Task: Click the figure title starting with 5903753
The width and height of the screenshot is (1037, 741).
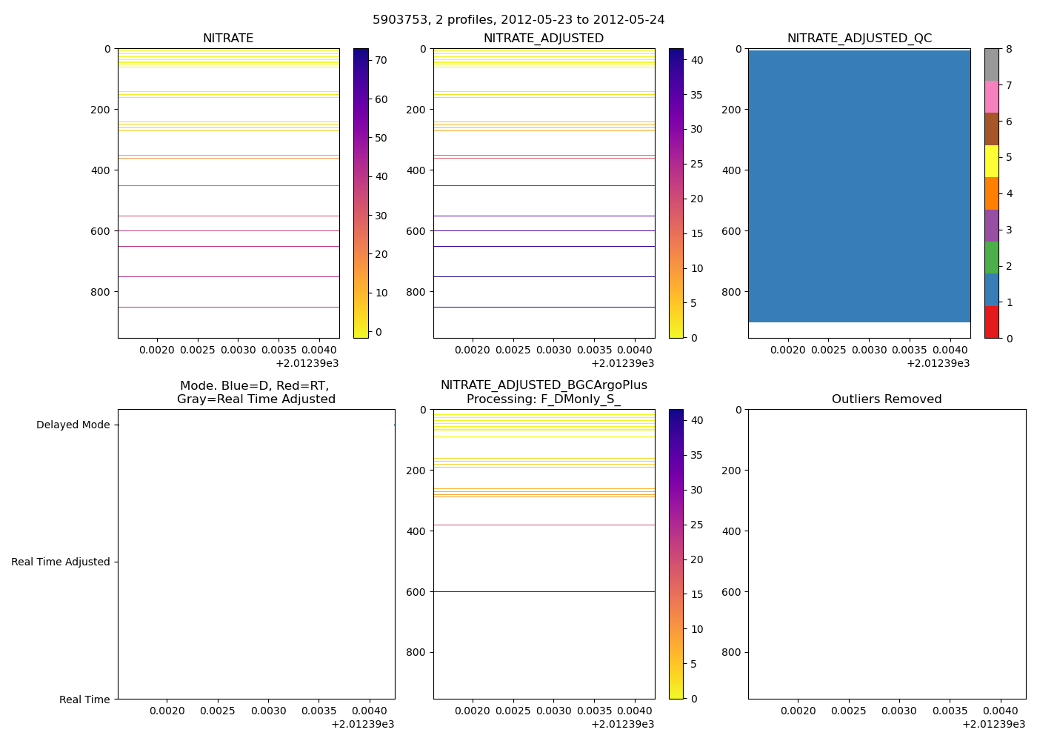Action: tap(518, 20)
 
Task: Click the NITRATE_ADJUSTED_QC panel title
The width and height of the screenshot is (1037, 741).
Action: tap(859, 39)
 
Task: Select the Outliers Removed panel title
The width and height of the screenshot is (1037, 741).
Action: tap(887, 399)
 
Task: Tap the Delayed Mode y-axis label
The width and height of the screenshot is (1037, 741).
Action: tap(73, 425)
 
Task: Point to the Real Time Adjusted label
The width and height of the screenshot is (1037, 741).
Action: tap(61, 562)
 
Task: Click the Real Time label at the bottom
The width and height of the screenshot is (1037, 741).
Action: tap(84, 700)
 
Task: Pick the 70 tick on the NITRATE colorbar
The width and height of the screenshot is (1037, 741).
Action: tap(381, 61)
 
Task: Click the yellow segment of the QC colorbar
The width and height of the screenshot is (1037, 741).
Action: tap(992, 162)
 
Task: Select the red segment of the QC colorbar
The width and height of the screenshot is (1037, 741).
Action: tap(992, 322)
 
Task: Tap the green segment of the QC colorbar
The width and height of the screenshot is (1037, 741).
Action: tap(992, 258)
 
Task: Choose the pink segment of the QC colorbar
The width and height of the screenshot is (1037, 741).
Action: tap(992, 97)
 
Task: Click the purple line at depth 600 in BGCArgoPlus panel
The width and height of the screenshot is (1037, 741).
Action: tap(544, 591)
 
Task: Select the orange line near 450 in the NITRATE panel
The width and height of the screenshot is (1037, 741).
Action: tap(228, 185)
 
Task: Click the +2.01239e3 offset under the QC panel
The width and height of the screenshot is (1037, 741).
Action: tap(938, 363)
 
